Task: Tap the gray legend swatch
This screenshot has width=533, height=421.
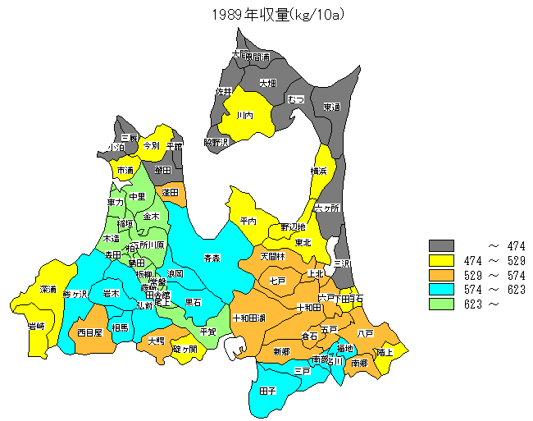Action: click(x=441, y=245)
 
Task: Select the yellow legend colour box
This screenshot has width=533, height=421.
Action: click(x=441, y=260)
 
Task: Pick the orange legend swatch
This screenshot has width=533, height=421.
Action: click(x=441, y=275)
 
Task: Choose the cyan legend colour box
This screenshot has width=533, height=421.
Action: click(x=441, y=290)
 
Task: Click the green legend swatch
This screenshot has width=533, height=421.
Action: click(x=441, y=304)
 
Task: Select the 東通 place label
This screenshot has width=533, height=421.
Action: click(x=331, y=107)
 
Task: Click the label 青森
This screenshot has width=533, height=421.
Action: click(x=212, y=259)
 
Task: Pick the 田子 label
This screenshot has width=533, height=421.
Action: click(x=267, y=391)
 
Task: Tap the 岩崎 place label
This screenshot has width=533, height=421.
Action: click(x=36, y=326)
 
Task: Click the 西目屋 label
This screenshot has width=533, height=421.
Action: click(x=89, y=333)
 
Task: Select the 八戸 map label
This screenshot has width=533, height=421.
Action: click(x=366, y=333)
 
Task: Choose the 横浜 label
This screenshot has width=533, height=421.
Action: click(x=319, y=171)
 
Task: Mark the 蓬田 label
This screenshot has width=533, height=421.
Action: click(x=171, y=192)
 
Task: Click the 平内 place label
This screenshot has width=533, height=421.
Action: click(x=248, y=222)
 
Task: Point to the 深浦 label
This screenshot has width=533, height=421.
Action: click(x=48, y=290)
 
